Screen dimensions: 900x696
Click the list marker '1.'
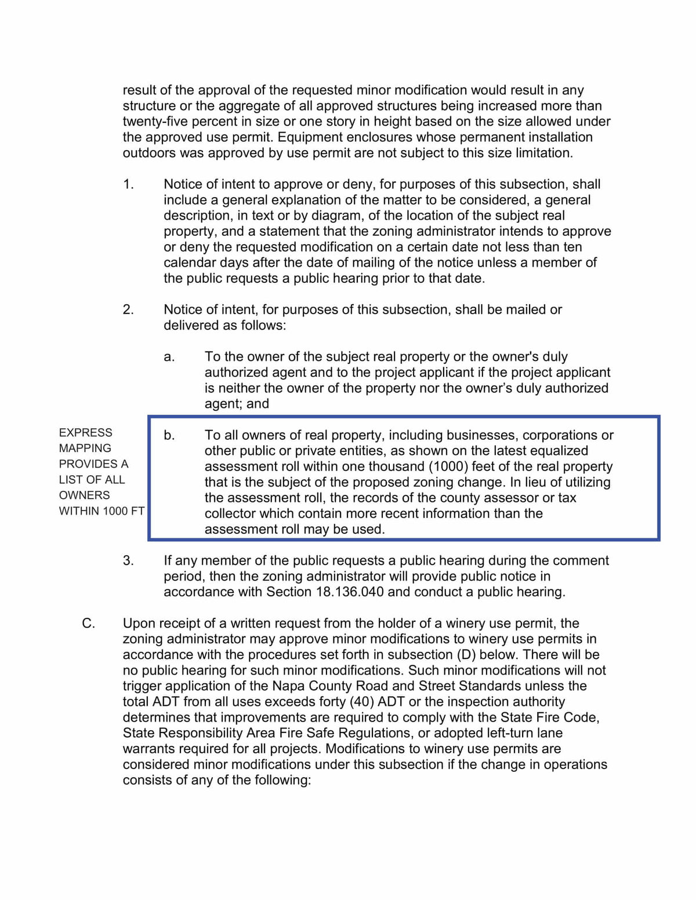coord(128,184)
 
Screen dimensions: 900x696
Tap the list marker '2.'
coord(128,309)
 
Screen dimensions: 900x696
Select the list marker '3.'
coord(128,560)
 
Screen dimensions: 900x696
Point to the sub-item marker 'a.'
coord(169,356)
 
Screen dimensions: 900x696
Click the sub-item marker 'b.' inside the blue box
coord(169,435)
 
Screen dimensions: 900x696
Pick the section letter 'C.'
coord(88,623)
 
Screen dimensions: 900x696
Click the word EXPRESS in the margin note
coord(85,432)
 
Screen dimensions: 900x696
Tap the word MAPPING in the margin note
coord(85,448)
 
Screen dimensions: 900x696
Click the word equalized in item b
coord(559,451)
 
